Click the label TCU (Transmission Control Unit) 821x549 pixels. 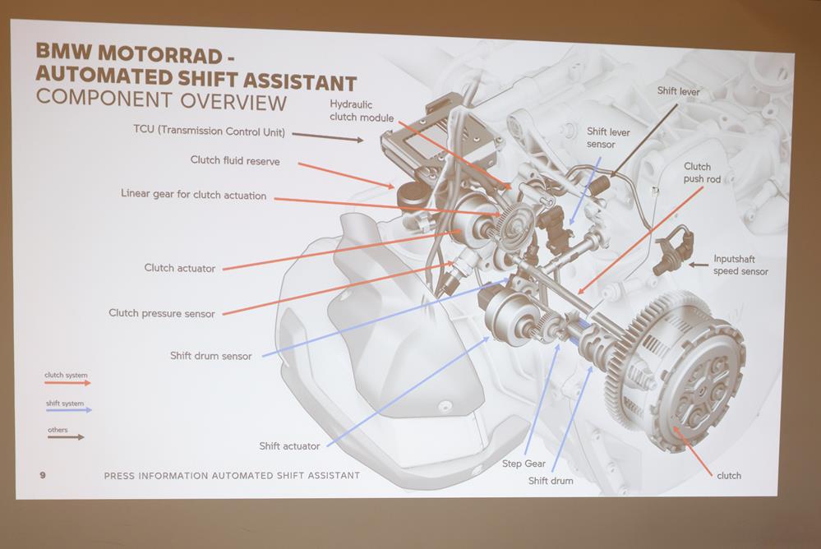pos(208,130)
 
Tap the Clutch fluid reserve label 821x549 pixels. pos(235,161)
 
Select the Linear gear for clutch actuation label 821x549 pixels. pos(194,195)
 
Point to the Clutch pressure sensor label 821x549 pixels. pos(162,313)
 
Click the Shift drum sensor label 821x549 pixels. pos(210,356)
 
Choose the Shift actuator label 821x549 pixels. pos(289,446)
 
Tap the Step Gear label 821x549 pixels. pos(524,464)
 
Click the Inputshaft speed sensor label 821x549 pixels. pos(740,265)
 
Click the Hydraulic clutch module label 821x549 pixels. pos(362,110)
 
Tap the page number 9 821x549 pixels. pos(42,475)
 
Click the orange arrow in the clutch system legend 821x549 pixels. pos(68,383)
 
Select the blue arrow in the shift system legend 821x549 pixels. pos(69,410)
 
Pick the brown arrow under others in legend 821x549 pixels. pos(66,437)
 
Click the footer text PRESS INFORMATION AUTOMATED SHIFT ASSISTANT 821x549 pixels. pos(232,475)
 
